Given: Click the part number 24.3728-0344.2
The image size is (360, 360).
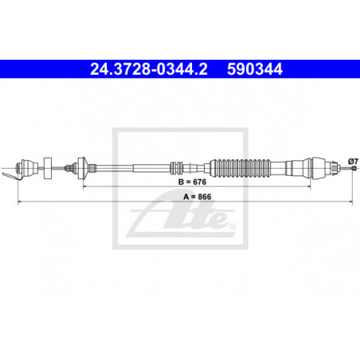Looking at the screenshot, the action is [x=149, y=69].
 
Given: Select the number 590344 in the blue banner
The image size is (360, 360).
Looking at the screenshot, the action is [x=255, y=69].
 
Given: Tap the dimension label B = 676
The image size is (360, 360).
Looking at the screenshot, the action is [x=193, y=182].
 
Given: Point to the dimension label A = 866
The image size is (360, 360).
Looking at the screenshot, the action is [x=198, y=197].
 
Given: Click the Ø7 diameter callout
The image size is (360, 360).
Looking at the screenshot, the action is [x=354, y=161].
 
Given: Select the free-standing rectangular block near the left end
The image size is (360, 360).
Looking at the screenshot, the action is [x=48, y=168].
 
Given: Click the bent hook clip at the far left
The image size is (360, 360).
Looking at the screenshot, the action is [x=10, y=176].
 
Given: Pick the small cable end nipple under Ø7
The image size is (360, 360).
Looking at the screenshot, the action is [x=354, y=168].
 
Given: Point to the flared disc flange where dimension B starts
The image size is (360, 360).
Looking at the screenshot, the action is [x=83, y=168].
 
